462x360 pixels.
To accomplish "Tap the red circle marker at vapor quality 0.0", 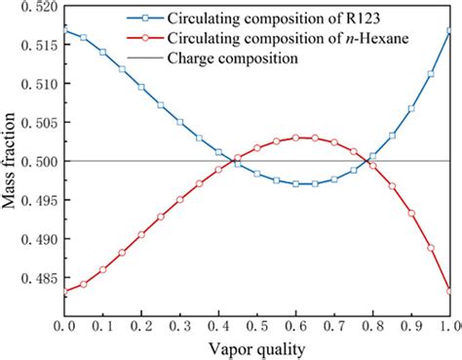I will [x=65, y=291].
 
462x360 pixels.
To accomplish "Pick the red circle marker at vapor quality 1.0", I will [x=449, y=291].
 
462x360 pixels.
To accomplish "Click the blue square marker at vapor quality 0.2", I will [x=141, y=87].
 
